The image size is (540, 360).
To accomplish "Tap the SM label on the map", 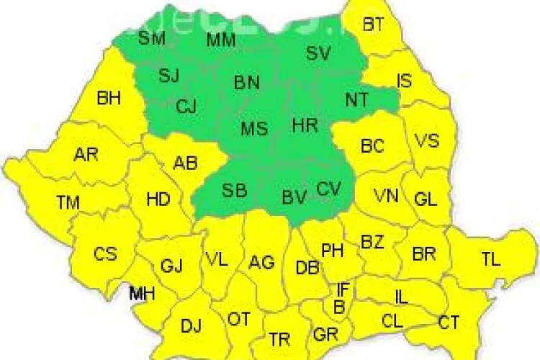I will pyautogui.click(x=151, y=38).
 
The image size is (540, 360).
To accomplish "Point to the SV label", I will pyautogui.click(x=318, y=53).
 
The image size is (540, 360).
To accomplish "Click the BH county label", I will pyautogui.click(x=109, y=99).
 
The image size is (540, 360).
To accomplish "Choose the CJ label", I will pyautogui.click(x=186, y=107).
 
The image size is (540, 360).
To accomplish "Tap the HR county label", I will pyautogui.click(x=305, y=126).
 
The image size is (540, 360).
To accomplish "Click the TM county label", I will pyautogui.click(x=68, y=204).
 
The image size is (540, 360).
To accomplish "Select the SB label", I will pyautogui.click(x=234, y=191).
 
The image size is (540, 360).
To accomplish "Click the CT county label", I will pyautogui.click(x=449, y=323).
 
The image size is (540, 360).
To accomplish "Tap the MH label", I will pyautogui.click(x=141, y=294).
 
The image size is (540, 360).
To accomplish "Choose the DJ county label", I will pyautogui.click(x=191, y=326).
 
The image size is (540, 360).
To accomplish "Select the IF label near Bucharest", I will pyautogui.click(x=343, y=290).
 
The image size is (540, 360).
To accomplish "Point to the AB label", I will pyautogui.click(x=185, y=163).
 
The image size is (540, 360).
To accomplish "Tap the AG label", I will pyautogui.click(x=261, y=263).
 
